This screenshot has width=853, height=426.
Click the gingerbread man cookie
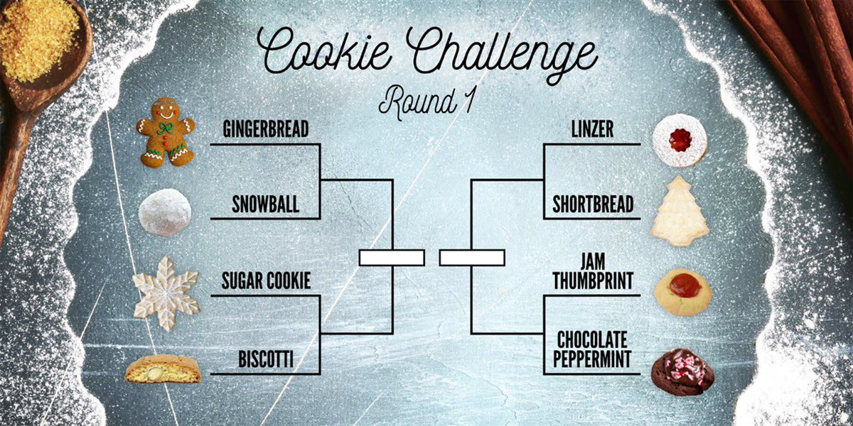166,132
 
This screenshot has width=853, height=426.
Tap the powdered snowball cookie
165,212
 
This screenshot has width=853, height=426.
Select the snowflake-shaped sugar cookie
166,293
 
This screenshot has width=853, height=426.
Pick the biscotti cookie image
163,369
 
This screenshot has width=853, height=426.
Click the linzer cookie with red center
680,141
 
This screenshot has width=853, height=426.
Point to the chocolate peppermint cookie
682,371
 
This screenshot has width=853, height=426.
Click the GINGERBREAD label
266,130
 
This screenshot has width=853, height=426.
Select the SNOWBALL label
265,205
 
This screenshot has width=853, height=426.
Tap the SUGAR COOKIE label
266,282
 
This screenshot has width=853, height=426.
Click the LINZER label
592,130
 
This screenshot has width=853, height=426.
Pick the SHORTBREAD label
593,205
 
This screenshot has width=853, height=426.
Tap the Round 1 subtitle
426,101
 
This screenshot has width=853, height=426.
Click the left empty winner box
392,258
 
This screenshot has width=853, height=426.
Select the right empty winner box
472,258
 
